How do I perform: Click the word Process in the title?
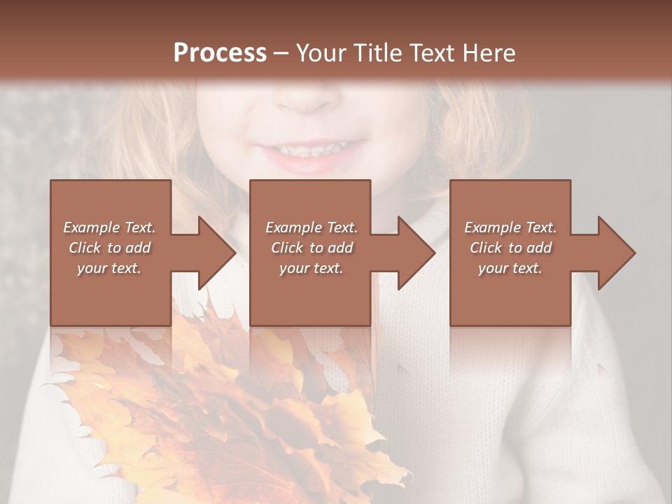coord(220,53)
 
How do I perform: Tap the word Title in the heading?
coord(377,53)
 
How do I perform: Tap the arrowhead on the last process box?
coord(615,253)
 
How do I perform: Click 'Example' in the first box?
coord(90,227)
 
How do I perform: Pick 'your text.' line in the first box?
coord(109,268)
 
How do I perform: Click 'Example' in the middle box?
coord(293,227)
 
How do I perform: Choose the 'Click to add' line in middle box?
coord(311,248)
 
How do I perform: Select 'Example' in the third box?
coord(491,227)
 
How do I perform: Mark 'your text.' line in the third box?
coord(510,268)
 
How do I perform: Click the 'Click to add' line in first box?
coord(109,248)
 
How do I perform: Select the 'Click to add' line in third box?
coord(510,248)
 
